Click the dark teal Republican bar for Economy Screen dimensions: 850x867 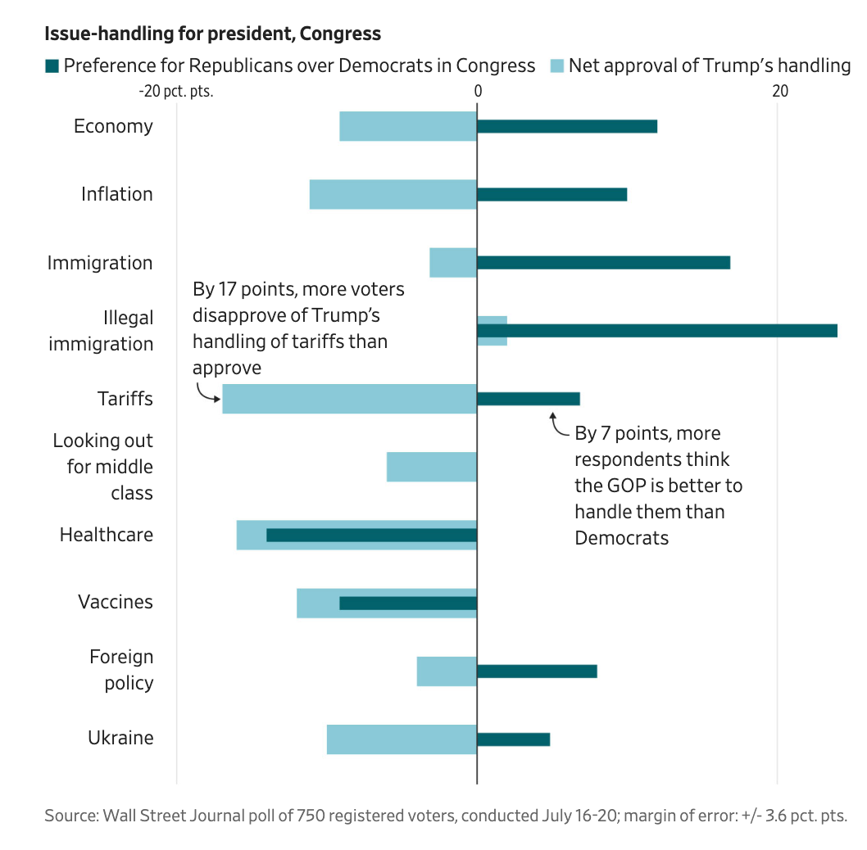566,126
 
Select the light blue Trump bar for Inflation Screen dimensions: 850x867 393,194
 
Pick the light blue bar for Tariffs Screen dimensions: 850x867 349,399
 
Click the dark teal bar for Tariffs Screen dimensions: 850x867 528,399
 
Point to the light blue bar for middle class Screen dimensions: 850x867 431,467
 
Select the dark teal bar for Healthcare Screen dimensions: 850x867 371,536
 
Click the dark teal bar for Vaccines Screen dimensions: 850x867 407,604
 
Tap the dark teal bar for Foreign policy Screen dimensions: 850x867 537,671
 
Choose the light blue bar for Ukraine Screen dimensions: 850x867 402,739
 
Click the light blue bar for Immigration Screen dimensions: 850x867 452,262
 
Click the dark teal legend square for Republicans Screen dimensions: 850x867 52,66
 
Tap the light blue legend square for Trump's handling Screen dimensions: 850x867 556,66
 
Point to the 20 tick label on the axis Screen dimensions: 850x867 780,91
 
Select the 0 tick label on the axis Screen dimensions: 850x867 477,91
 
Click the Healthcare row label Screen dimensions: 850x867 106,536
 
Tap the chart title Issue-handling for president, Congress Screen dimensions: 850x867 212,34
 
